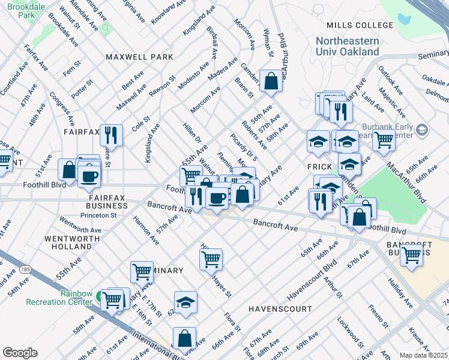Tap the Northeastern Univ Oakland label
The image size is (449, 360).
(x=348, y=46)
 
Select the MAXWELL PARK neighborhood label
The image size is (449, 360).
(x=139, y=57)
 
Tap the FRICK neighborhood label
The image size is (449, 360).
(x=320, y=166)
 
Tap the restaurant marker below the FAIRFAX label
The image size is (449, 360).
(x=111, y=134)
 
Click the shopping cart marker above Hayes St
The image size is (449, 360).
(x=211, y=259)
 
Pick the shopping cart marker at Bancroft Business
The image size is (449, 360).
(x=411, y=254)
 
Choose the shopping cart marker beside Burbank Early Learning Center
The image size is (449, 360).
(x=384, y=141)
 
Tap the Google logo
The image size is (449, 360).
(x=20, y=353)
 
